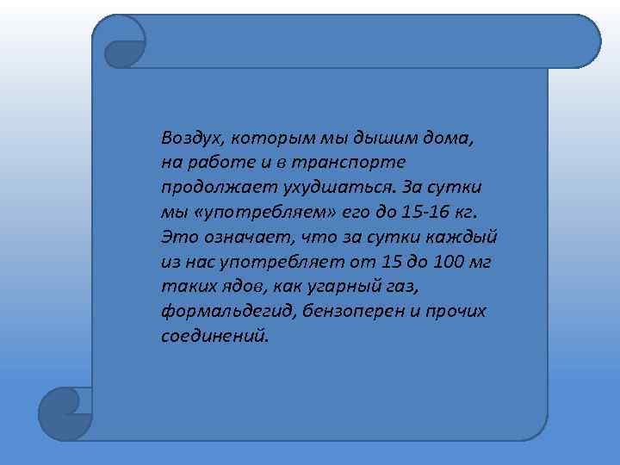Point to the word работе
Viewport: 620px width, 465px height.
[x=211, y=162]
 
